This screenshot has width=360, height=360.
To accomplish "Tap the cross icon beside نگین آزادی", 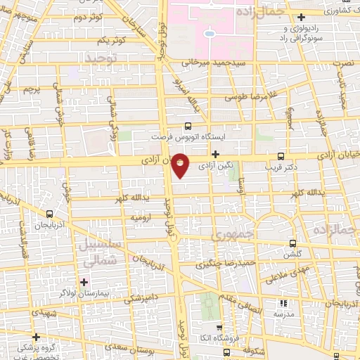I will (216, 154).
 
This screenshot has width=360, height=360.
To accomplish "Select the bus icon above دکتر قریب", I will (281, 156).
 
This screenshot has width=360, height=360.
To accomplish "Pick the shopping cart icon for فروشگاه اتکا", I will (219, 328).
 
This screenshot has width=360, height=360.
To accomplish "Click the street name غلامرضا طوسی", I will (239, 97).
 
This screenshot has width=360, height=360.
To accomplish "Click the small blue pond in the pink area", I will (209, 33).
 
